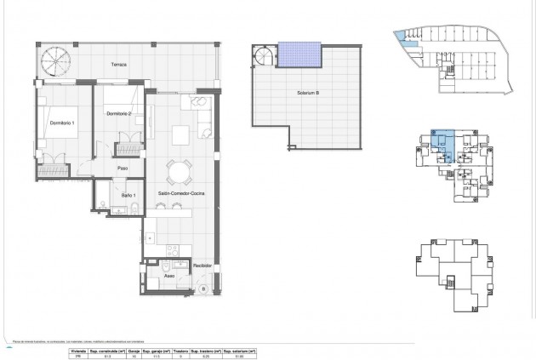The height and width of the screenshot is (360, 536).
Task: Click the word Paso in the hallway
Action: pos(122,168)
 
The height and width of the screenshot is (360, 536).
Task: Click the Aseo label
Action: pos(169,277)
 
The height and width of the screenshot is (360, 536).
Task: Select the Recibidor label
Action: pos(201,266)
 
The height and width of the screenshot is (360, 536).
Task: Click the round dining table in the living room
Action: pos(179,173)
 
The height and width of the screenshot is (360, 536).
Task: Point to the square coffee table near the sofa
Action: pos(181,134)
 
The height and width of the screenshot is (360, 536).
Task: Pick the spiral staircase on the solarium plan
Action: pos(265,59)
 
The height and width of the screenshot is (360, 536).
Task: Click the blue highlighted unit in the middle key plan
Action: pos(442,142)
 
